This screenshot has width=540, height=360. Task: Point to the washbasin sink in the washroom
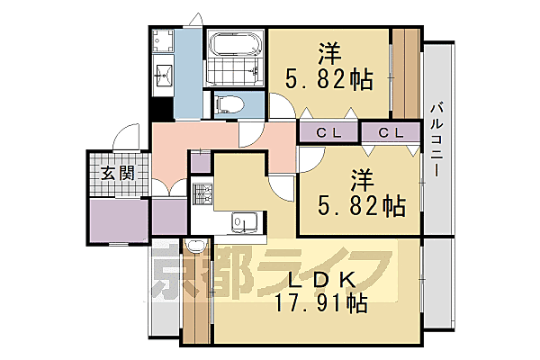click(x=163, y=75)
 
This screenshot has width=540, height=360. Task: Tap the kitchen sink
click(x=243, y=220)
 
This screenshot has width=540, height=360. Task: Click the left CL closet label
click(x=328, y=132)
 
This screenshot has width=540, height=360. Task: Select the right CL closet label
click(x=391, y=132)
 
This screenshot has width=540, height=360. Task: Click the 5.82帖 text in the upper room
click(x=329, y=79)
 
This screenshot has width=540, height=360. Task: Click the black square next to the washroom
click(x=158, y=108)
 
